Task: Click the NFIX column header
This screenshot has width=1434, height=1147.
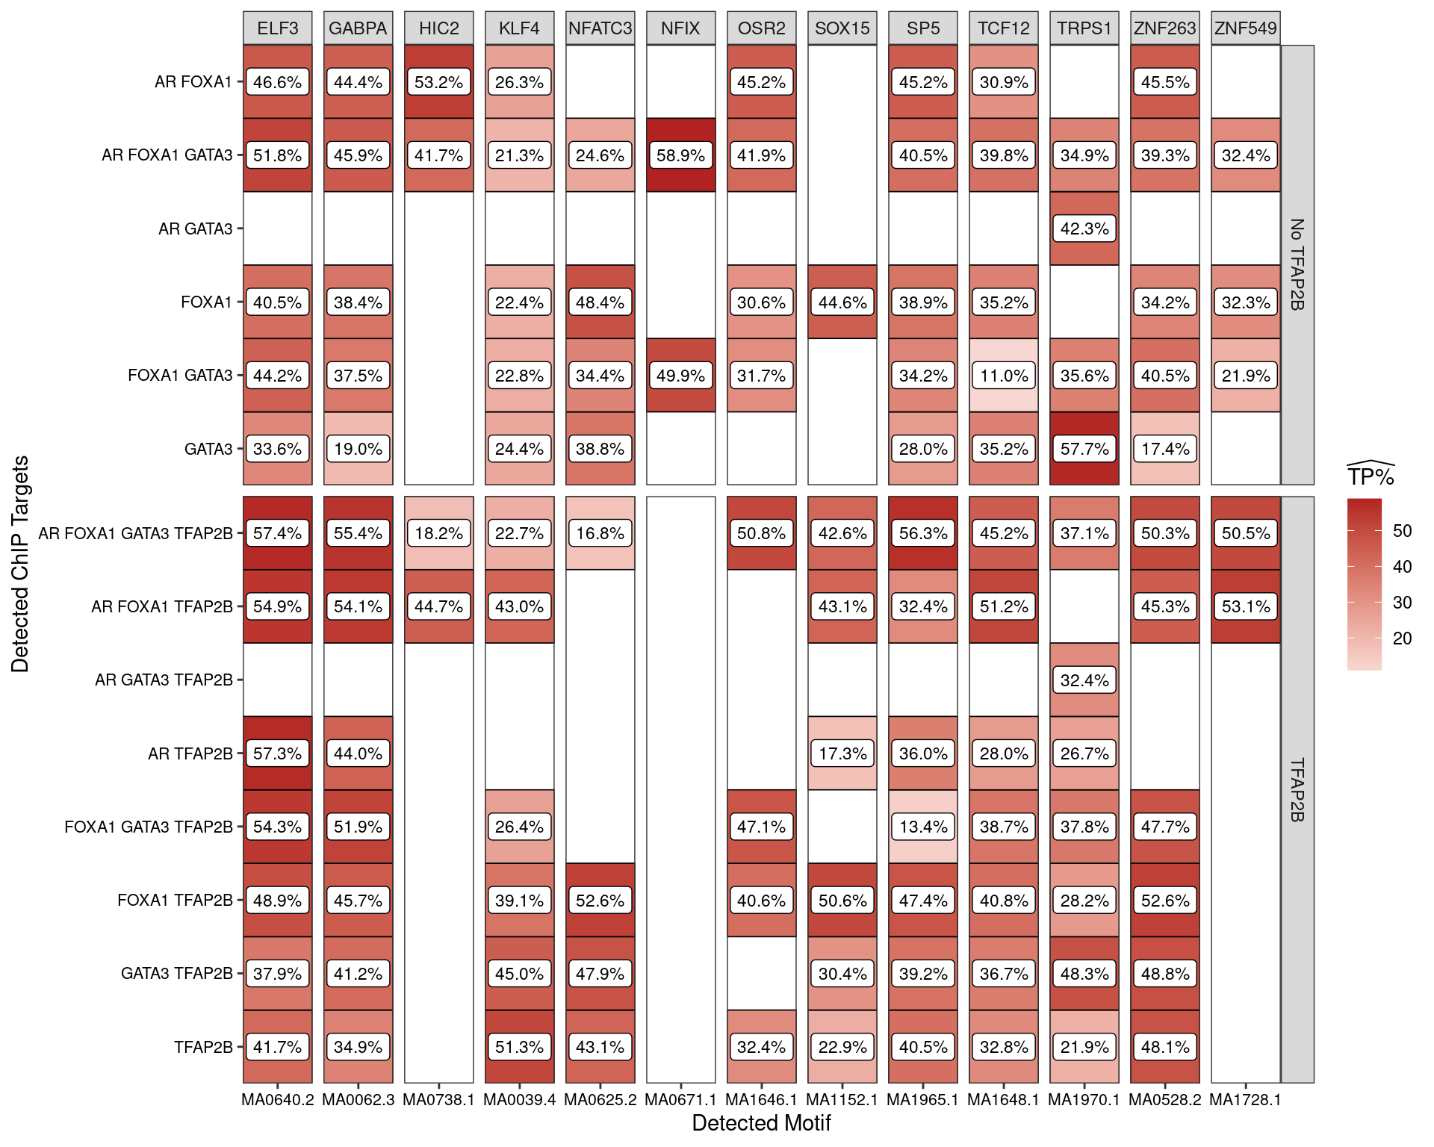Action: (680, 28)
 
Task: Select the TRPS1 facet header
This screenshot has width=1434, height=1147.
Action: (1084, 28)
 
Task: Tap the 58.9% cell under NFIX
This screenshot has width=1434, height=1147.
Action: (680, 155)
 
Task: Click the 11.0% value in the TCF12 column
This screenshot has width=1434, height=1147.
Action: (1004, 376)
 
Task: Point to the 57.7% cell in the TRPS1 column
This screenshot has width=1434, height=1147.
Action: (1084, 449)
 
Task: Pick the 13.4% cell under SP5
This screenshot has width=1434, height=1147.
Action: (923, 827)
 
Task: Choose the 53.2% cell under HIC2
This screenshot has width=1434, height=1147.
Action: (438, 82)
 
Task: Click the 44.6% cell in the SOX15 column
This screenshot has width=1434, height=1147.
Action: (842, 302)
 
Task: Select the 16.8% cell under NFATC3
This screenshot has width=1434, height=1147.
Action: (600, 533)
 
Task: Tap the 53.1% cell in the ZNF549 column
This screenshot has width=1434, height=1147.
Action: (1246, 606)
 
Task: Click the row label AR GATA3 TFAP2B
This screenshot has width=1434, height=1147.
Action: (164, 680)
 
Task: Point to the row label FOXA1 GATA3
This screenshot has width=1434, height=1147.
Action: (180, 375)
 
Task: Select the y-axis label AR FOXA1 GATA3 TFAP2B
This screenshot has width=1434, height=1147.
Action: (135, 533)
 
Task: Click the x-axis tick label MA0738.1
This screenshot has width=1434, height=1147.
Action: (438, 1099)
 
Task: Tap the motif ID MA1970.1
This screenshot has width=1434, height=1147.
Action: (1084, 1099)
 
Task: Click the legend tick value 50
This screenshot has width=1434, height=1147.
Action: (1402, 531)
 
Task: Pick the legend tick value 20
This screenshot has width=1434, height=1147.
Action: (1402, 638)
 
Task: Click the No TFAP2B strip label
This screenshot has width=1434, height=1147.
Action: (1297, 264)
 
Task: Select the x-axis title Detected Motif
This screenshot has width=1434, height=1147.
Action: (761, 1123)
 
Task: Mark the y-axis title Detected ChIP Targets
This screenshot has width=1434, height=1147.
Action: (20, 564)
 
